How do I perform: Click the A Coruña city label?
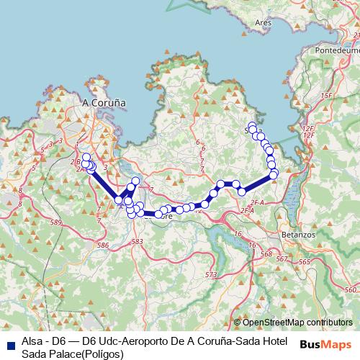tap(104, 103)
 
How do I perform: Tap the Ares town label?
tap(263, 22)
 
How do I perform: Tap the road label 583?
tap(137, 242)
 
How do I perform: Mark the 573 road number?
tap(210, 275)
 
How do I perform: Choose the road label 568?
tap(266, 254)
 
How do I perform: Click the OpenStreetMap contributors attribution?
tap(293, 323)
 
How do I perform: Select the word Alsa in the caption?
tap(32, 341)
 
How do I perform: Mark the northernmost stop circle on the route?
tap(252, 127)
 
